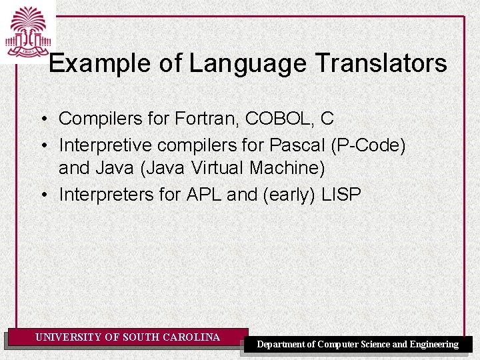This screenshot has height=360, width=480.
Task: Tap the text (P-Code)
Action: click(373, 144)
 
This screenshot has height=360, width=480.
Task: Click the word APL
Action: click(204, 194)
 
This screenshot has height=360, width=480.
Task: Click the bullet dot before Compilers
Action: click(42, 119)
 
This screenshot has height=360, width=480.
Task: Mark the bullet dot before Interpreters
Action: click(42, 195)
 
